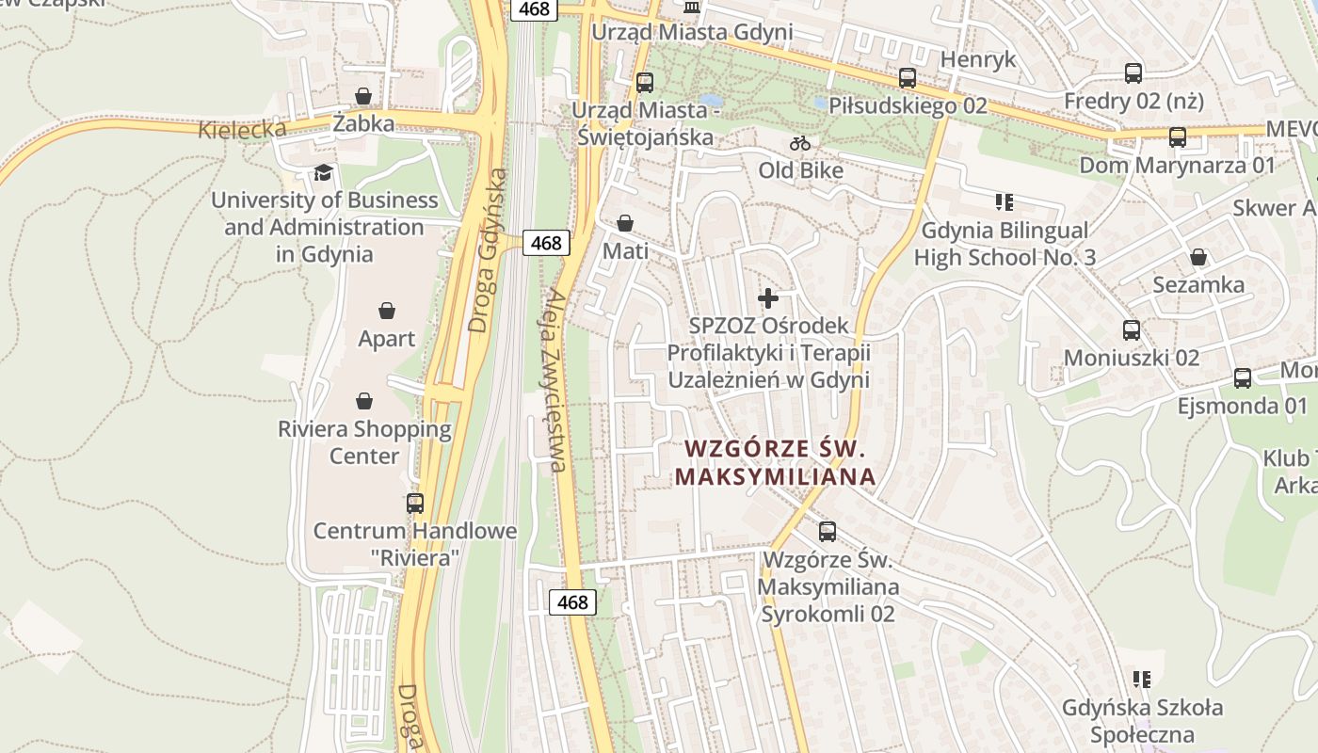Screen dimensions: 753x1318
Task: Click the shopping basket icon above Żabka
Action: pyautogui.click(x=363, y=96)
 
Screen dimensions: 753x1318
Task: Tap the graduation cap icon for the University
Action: pyautogui.click(x=323, y=172)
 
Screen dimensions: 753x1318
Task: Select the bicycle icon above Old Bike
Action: pyautogui.click(x=800, y=143)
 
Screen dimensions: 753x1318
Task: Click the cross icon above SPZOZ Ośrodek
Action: pyautogui.click(x=768, y=298)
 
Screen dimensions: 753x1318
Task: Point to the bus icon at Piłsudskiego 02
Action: pyautogui.click(x=907, y=78)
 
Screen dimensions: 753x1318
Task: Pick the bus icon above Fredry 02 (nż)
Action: pyautogui.click(x=1133, y=72)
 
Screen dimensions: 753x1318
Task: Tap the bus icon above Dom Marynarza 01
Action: pyautogui.click(x=1177, y=137)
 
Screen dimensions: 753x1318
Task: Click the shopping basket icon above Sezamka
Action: pyautogui.click(x=1198, y=257)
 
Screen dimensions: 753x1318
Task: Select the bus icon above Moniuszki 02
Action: pyautogui.click(x=1132, y=330)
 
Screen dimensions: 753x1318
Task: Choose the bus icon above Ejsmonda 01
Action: pyautogui.click(x=1243, y=378)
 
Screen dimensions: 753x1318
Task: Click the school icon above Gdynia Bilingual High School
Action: pyautogui.click(x=1005, y=202)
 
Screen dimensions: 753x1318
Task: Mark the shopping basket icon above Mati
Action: pyautogui.click(x=625, y=223)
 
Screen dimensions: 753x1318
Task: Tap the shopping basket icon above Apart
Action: pyautogui.click(x=386, y=311)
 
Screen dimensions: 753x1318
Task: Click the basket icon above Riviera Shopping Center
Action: pyautogui.click(x=364, y=401)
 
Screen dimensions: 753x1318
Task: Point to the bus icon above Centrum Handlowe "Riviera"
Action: pyautogui.click(x=415, y=503)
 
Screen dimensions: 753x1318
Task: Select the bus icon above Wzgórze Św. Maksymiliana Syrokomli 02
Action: pyautogui.click(x=828, y=532)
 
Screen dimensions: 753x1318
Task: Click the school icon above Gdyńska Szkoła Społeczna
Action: pyautogui.click(x=1142, y=680)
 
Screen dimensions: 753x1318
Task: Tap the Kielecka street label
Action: pyautogui.click(x=242, y=128)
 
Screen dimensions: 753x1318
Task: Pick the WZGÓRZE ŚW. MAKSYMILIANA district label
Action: pyautogui.click(x=776, y=462)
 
